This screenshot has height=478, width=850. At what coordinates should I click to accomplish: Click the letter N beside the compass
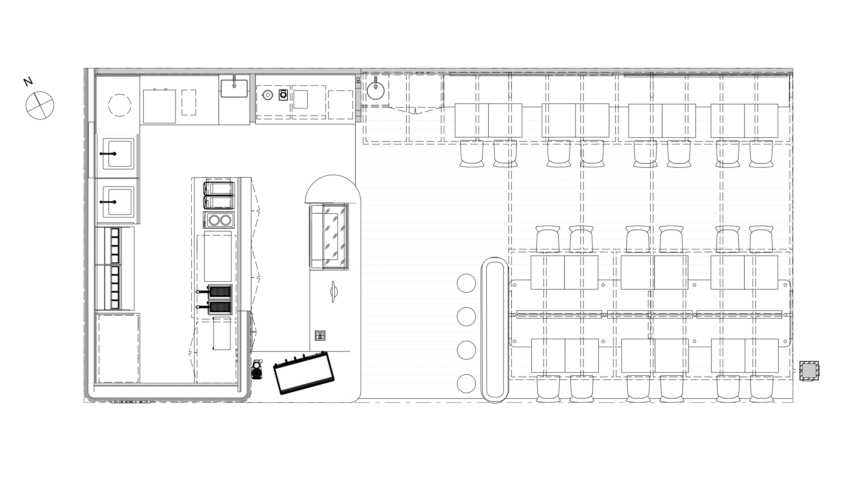pos(28,82)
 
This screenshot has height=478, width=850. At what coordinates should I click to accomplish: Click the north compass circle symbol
pos(40,105)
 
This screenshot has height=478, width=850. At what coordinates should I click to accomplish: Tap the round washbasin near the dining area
pos(375,90)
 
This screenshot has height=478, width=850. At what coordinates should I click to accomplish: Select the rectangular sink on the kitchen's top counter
pos(234,88)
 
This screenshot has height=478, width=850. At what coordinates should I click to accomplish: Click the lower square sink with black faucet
pos(118,201)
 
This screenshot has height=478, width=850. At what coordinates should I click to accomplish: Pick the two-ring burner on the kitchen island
pos(219,220)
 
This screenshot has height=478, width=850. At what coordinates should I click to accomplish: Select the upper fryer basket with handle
pos(215,291)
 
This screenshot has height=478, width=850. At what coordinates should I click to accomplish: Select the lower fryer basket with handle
pos(215,307)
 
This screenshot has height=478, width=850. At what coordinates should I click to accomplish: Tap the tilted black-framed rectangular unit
pos(303,373)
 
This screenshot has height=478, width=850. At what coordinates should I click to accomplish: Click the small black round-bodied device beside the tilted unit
pos(257,370)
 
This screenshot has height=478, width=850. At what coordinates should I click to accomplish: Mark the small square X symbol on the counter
pos(320,336)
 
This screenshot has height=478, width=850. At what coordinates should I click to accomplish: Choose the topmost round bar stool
pos(466,283)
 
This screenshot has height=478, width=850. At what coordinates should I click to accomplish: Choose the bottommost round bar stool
pos(466,383)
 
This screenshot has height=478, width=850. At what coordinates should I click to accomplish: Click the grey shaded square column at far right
pos(809,371)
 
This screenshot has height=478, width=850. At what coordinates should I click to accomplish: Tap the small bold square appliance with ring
pos(283,95)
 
